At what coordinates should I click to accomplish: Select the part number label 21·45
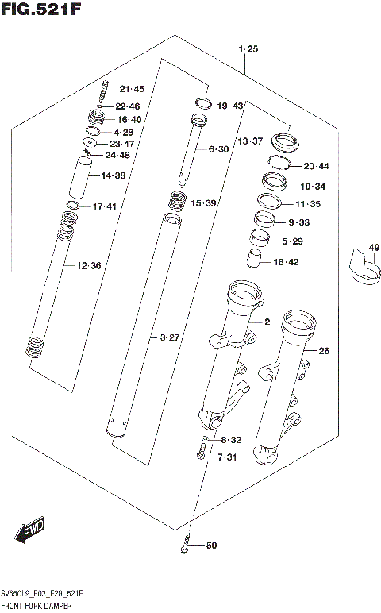coord(132,88)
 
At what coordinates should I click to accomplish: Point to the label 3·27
coord(169,337)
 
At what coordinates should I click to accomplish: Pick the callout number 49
coord(374,249)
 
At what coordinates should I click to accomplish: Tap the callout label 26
coord(323,350)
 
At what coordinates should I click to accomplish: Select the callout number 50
coord(211,545)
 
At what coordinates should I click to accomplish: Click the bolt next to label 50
coord(185,546)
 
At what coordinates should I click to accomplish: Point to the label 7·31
coord(228,456)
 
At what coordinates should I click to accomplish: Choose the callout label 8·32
coord(230,440)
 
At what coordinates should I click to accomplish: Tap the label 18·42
coord(286,262)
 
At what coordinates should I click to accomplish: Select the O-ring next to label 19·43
coord(202,103)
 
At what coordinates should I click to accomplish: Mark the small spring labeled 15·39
coord(177,203)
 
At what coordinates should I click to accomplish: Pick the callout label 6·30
coord(218,149)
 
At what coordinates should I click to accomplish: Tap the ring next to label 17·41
coord(72,206)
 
